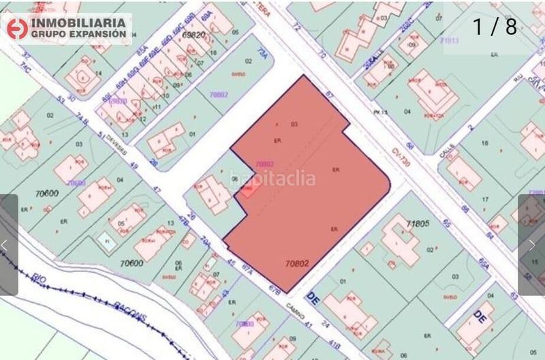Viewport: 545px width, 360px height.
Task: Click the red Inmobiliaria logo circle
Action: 16,27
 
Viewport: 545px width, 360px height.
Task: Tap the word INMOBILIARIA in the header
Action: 77,22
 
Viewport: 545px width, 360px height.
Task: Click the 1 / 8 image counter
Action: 495,27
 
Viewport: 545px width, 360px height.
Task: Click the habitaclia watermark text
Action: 272,179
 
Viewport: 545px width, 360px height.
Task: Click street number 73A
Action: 261,52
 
